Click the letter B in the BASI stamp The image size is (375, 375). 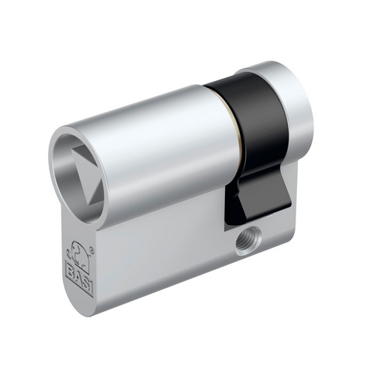[70, 270]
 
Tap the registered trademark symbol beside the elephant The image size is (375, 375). [92, 249]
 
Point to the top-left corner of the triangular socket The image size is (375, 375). [71, 149]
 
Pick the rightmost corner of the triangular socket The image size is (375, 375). [103, 175]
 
